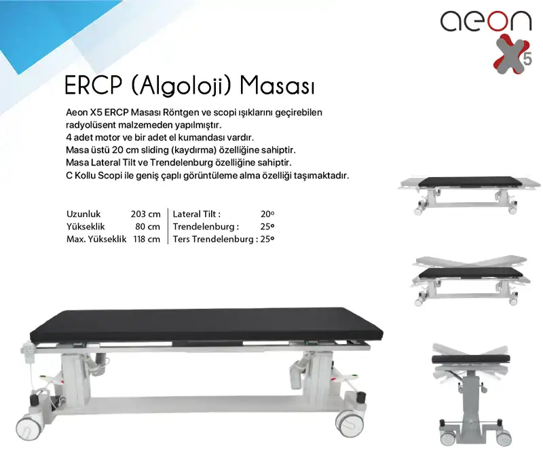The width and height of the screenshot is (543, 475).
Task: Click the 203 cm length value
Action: tap(145, 214)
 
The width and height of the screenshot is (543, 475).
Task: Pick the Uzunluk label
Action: tap(84, 214)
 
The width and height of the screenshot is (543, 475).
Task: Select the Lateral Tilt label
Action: tap(197, 214)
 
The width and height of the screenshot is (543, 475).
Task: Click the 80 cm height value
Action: tap(148, 227)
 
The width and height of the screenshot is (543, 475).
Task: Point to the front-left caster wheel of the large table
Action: tap(29, 426)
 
